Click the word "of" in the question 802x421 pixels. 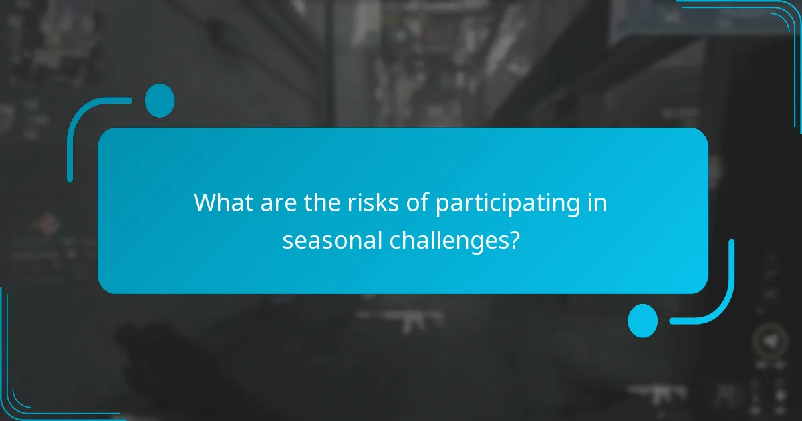point(419,203)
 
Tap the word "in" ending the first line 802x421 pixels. point(597,203)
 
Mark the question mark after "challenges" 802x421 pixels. point(513,239)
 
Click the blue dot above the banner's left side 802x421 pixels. point(159,101)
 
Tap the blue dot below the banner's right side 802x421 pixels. point(642,321)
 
